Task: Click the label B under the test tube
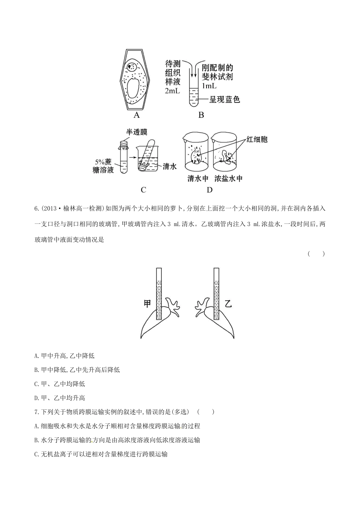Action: coord(201,115)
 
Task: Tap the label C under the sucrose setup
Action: coord(143,190)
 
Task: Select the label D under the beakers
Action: coord(210,190)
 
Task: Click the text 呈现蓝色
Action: coord(225,100)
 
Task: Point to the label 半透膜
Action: coord(136,132)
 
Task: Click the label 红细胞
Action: coord(257,139)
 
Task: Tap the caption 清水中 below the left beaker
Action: coord(198,178)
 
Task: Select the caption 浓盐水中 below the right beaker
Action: coord(229,178)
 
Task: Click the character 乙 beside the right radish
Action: coord(228,304)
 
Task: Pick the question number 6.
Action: coord(36,209)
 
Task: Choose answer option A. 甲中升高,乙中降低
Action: coord(64,356)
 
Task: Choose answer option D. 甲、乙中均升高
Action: coord(59,398)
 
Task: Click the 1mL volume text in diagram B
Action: coord(209,86)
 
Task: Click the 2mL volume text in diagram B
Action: coord(172,91)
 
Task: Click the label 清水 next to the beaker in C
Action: coord(169,166)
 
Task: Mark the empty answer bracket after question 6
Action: coord(316,254)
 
